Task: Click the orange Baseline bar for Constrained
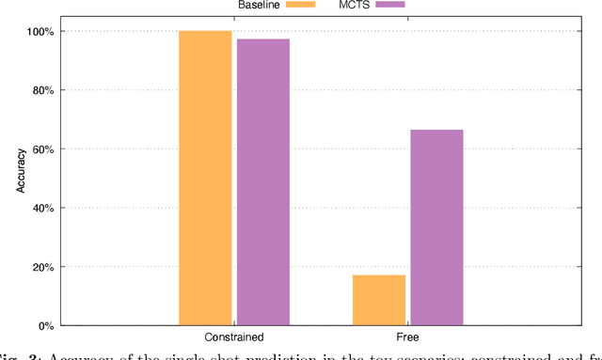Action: click(205, 179)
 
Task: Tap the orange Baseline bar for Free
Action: click(379, 300)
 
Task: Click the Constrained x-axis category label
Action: click(233, 337)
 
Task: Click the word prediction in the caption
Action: click(269, 354)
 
